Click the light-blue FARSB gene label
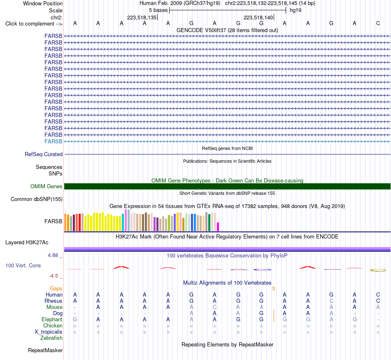click(x=54, y=141)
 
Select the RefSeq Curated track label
click(x=44, y=154)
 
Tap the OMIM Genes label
click(x=47, y=186)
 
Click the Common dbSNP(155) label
click(x=37, y=199)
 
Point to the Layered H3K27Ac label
click(x=27, y=243)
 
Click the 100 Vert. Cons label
click(x=23, y=265)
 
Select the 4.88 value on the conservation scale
click(x=53, y=255)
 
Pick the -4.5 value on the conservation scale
click(x=54, y=276)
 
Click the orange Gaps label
click(x=56, y=289)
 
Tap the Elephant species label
click(x=52, y=320)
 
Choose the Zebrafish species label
click(x=51, y=338)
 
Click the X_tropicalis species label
click(x=49, y=332)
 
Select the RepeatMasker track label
click(x=45, y=350)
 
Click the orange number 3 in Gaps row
click(x=274, y=289)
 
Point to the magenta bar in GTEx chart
click(x=218, y=227)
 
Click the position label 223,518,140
click(x=258, y=17)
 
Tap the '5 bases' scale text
click(x=158, y=10)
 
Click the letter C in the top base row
click(x=378, y=23)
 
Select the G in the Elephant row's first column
click(x=75, y=320)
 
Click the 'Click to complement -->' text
click(x=34, y=24)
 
